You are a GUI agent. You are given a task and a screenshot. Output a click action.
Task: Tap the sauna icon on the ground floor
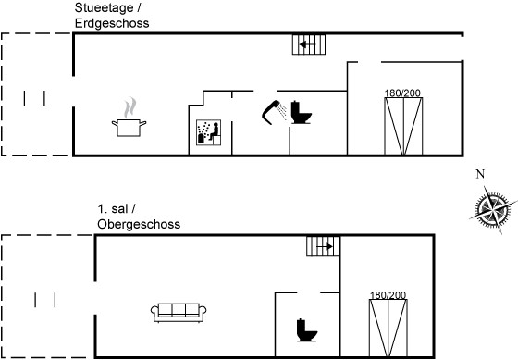click(208, 132)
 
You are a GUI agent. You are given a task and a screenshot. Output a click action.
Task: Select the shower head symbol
click(274, 112)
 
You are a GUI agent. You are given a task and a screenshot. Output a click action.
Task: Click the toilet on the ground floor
click(301, 112)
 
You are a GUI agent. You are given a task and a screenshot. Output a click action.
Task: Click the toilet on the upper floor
click(307, 330)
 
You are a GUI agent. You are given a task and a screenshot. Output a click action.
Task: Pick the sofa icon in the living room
click(179, 313)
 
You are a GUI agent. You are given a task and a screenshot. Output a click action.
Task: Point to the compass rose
click(493, 209)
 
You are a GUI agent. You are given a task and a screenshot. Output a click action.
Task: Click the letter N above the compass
click(480, 174)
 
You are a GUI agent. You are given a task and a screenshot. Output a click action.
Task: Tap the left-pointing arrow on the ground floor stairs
click(307, 44)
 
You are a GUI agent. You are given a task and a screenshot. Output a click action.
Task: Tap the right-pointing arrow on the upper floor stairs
click(325, 246)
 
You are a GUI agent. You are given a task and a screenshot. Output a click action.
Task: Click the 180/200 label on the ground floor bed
click(402, 93)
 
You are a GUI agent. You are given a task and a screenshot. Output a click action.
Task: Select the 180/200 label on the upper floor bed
click(388, 295)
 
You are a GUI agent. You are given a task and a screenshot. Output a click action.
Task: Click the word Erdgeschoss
click(112, 23)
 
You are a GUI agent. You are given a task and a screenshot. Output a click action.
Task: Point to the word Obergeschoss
click(139, 225)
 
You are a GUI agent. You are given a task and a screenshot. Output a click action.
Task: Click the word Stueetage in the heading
click(104, 8)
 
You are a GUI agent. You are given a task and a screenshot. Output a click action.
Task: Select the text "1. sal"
click(113, 209)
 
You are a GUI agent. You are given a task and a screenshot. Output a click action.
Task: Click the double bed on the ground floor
click(403, 126)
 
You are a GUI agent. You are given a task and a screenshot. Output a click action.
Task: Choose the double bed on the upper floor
click(388, 328)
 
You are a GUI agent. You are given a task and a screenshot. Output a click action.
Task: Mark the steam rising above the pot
click(130, 107)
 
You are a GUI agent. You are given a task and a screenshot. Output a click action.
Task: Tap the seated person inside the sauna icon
click(215, 131)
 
